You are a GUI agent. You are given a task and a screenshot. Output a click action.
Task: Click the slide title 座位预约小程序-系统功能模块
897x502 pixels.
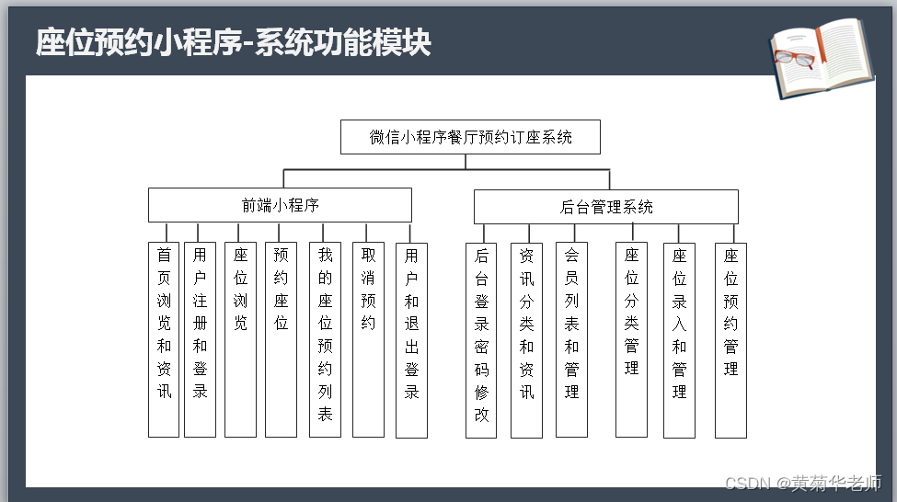[234, 42]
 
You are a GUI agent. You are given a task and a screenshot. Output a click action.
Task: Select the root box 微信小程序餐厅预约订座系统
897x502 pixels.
[470, 137]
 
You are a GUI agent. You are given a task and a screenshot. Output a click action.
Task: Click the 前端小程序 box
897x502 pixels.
[280, 205]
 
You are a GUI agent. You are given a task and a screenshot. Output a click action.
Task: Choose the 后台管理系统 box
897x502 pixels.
[605, 207]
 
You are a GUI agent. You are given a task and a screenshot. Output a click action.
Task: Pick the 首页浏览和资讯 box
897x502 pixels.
[164, 339]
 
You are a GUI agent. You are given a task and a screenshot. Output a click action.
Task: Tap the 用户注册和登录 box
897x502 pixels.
[200, 339]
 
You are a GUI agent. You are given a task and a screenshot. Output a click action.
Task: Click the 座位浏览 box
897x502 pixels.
[240, 339]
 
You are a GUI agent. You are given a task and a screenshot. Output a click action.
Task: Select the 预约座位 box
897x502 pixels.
[281, 339]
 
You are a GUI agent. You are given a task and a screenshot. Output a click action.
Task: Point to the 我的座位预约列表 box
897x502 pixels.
[325, 339]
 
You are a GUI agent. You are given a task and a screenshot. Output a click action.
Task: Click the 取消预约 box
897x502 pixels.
[368, 339]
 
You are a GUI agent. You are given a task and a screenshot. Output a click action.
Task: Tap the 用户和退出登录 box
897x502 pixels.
[411, 339]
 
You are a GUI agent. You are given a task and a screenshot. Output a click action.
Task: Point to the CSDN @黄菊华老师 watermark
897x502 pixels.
[802, 483]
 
